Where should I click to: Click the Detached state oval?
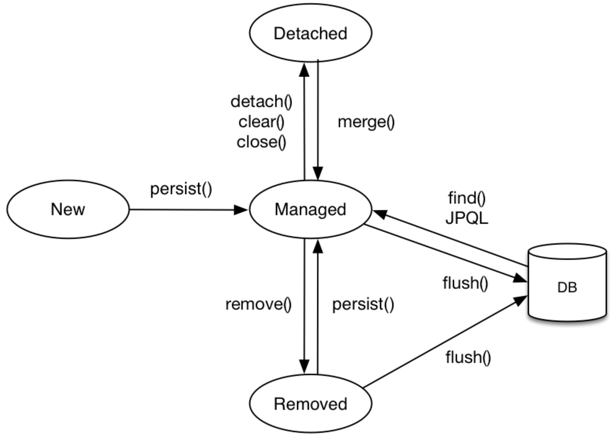pos(310,33)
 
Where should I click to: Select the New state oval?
pos(68,209)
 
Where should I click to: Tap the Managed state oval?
pos(310,210)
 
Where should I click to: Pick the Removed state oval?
pos(310,404)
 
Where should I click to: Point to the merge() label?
pos(366,122)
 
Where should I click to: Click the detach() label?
pos(261,102)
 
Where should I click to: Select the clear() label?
pos(261,122)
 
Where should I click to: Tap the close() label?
pos(261,143)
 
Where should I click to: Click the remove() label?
pos(258,304)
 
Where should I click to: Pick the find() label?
pos(467,198)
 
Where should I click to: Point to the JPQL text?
pos(467,218)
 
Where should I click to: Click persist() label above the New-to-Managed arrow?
pos(181,189)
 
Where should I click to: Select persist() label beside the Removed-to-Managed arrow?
pos(363,304)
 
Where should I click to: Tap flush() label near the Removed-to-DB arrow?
pos(468,357)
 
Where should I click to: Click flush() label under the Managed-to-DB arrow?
pos(465,283)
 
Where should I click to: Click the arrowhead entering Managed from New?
pos(241,210)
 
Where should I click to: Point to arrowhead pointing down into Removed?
pos(304,366)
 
